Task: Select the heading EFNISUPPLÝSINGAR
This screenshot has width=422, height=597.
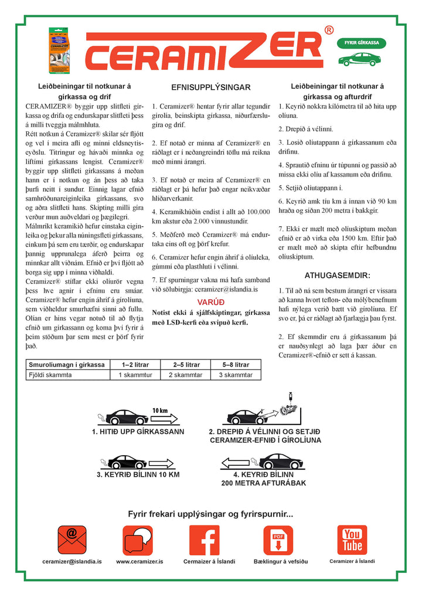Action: pyautogui.click(x=210, y=87)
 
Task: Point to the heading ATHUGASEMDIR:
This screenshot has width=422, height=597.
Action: pyautogui.click(x=337, y=275)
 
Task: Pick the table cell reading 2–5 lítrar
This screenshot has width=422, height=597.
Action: pyautogui.click(x=186, y=365)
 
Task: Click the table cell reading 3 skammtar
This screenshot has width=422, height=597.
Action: pyautogui.click(x=236, y=375)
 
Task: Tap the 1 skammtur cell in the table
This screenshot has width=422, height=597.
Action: pyautogui.click(x=136, y=375)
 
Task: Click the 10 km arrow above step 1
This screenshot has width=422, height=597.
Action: pyautogui.click(x=164, y=417)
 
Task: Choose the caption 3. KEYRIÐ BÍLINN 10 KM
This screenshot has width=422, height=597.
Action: pyautogui.click(x=138, y=474)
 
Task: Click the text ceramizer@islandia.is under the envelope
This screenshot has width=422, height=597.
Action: pyautogui.click(x=72, y=561)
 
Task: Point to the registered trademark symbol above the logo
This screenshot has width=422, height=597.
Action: pyautogui.click(x=329, y=30)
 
